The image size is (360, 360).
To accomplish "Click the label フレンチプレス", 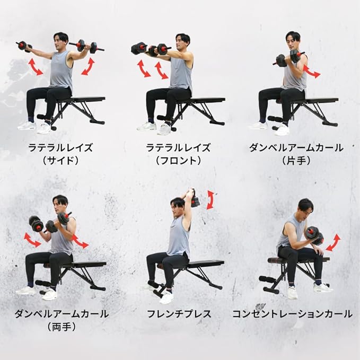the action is [179, 314].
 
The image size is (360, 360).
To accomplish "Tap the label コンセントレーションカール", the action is [292, 314].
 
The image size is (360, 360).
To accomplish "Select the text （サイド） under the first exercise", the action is [60, 161].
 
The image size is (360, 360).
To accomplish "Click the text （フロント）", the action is [178, 161].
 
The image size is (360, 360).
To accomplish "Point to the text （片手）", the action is [296, 161].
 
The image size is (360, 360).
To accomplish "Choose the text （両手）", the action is [62, 327].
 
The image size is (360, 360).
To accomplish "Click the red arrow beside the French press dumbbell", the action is [210, 199].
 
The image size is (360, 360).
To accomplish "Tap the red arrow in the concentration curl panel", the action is [333, 243].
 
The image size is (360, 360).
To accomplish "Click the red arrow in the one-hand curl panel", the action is [312, 71].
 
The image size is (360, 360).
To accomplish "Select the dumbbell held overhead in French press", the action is [195, 198].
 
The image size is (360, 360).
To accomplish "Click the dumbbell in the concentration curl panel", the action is [315, 236].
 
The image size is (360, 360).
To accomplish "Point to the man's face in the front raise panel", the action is [181, 43].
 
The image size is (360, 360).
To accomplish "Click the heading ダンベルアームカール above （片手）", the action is [296, 147].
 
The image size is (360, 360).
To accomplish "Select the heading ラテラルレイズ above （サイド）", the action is [60, 147].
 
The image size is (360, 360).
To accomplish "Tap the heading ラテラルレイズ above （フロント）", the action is [178, 147].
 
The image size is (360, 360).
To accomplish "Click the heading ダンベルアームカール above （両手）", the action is [62, 314].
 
